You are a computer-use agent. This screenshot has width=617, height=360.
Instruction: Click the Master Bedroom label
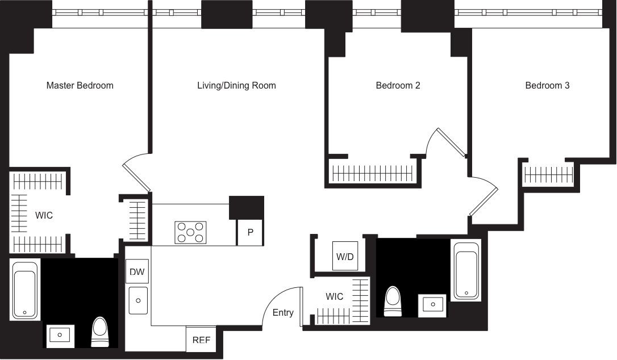click(80, 86)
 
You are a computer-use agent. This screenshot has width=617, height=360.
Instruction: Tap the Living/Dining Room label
click(236, 86)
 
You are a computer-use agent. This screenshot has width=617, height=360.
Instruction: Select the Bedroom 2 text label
click(398, 86)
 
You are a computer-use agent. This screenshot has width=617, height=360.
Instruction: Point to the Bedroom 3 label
click(547, 86)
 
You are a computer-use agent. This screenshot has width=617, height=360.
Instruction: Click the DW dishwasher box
click(137, 272)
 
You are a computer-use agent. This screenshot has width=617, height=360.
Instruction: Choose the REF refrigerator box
click(201, 340)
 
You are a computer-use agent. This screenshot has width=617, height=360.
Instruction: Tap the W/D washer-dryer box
click(345, 257)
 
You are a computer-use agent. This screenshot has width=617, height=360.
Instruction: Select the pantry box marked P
click(250, 232)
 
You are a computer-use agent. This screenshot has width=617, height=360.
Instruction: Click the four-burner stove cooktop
click(190, 233)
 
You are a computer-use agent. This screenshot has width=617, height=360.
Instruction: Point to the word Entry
click(283, 313)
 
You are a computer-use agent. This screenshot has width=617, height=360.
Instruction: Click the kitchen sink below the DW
click(138, 300)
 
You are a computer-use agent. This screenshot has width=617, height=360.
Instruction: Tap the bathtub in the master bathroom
click(25, 289)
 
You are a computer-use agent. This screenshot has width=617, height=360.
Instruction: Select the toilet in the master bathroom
click(99, 332)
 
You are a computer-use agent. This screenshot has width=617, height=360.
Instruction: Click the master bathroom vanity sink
click(59, 336)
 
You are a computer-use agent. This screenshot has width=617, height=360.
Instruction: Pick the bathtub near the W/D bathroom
click(466, 270)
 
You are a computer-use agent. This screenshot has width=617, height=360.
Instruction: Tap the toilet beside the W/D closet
click(393, 301)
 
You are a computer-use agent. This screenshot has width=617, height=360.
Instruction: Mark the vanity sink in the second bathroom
click(432, 305)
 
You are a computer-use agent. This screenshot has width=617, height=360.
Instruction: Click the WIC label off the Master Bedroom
click(44, 216)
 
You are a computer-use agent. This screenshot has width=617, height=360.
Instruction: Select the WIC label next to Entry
click(335, 296)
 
